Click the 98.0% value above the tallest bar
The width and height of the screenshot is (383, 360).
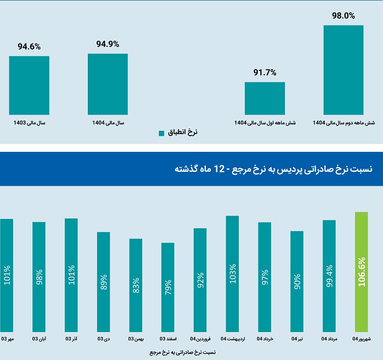(x=343, y=16)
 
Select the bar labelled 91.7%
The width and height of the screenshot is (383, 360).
(x=265, y=98)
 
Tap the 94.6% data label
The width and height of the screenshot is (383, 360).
(x=29, y=47)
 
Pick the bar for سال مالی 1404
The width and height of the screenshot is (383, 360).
(x=108, y=84)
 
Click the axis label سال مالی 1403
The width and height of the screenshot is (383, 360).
(x=29, y=122)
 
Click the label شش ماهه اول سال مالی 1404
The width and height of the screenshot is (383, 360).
(x=265, y=122)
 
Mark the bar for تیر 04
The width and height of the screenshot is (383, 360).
(x=297, y=281)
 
